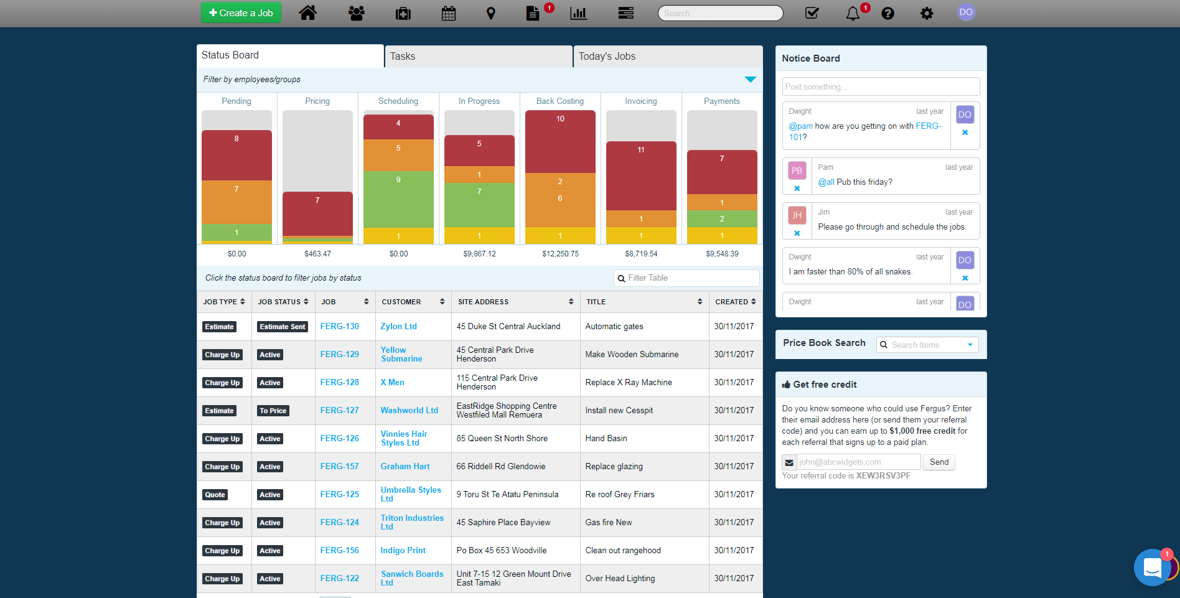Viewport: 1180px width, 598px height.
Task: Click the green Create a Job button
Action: (241, 13)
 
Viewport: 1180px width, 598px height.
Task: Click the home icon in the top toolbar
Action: (307, 13)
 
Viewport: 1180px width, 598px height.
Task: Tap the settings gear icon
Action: (927, 13)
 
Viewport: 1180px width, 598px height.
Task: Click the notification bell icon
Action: (853, 13)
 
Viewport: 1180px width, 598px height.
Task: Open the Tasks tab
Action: (478, 57)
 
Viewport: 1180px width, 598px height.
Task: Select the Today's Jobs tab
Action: (667, 57)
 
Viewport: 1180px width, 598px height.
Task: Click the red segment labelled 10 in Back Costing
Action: (560, 142)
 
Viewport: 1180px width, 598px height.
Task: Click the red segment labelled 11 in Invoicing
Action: (641, 176)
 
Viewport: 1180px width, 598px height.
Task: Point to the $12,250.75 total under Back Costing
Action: (560, 254)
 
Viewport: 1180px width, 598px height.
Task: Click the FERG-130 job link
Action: (339, 327)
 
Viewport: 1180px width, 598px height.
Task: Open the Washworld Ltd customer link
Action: (409, 411)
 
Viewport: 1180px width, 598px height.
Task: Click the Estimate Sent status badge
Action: (282, 327)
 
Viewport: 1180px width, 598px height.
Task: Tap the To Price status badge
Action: (273, 411)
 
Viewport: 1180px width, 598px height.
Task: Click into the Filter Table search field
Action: (691, 278)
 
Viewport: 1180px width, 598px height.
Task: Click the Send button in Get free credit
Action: (939, 462)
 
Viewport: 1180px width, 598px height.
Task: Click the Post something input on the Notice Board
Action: (880, 87)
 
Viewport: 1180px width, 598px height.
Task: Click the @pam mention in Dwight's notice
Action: (801, 126)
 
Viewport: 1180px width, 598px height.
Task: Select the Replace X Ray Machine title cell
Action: (629, 383)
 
